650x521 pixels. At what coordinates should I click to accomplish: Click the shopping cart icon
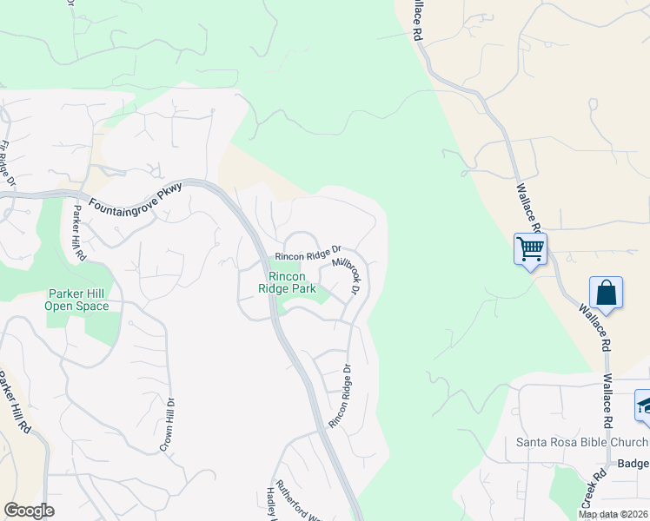[530, 249]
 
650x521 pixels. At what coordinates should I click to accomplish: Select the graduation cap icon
[644, 405]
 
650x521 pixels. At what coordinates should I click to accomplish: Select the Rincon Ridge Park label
[287, 281]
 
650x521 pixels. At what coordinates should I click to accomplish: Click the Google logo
[29, 510]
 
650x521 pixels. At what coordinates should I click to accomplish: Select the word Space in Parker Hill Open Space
[92, 306]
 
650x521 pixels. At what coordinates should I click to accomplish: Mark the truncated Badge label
[633, 464]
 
